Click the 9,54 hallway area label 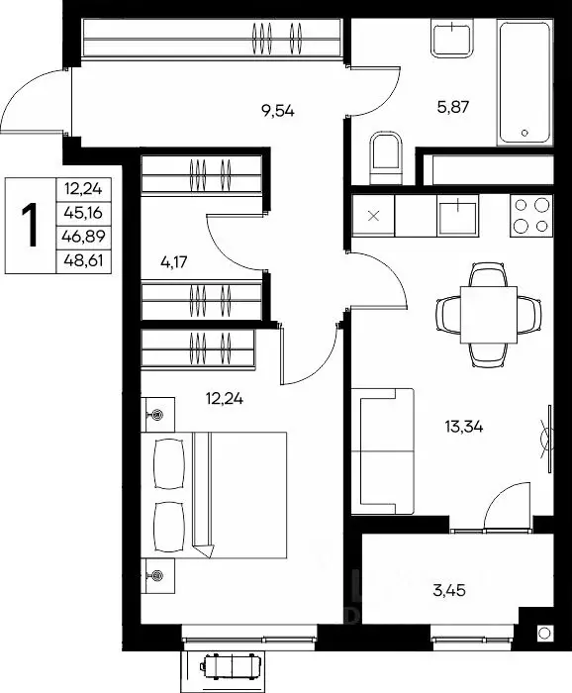tap(278, 111)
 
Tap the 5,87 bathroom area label tap(452, 107)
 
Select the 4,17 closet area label tap(174, 262)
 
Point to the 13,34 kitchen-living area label tap(464, 427)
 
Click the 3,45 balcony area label tap(449, 590)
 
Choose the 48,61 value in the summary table tap(83, 260)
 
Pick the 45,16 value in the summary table tap(83, 213)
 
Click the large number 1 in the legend tap(30, 225)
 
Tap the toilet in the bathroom tap(386, 157)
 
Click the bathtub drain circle tap(524, 133)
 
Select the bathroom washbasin tap(452, 39)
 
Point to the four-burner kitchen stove tap(531, 216)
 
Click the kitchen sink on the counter tap(458, 216)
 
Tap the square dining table tap(489, 315)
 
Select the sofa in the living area tap(383, 451)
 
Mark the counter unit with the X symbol tap(373, 216)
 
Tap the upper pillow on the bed tap(168, 463)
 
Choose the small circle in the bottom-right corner tap(544, 633)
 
